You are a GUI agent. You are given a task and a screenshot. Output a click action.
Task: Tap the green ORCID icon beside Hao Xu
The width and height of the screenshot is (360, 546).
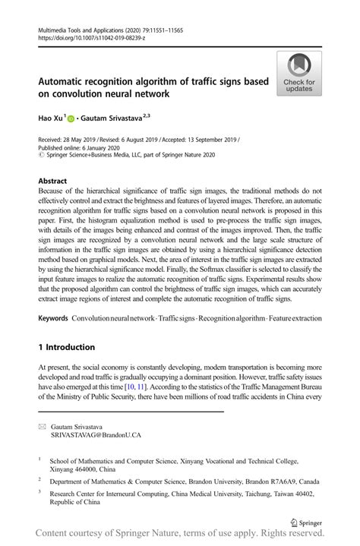(71, 119)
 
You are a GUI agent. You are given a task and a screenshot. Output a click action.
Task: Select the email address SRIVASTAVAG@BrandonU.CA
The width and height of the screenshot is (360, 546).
(96, 436)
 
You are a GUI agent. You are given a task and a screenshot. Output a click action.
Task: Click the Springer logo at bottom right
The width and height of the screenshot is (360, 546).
(305, 522)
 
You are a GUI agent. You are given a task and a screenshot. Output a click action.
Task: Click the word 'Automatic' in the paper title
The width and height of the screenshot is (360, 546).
(65, 81)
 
